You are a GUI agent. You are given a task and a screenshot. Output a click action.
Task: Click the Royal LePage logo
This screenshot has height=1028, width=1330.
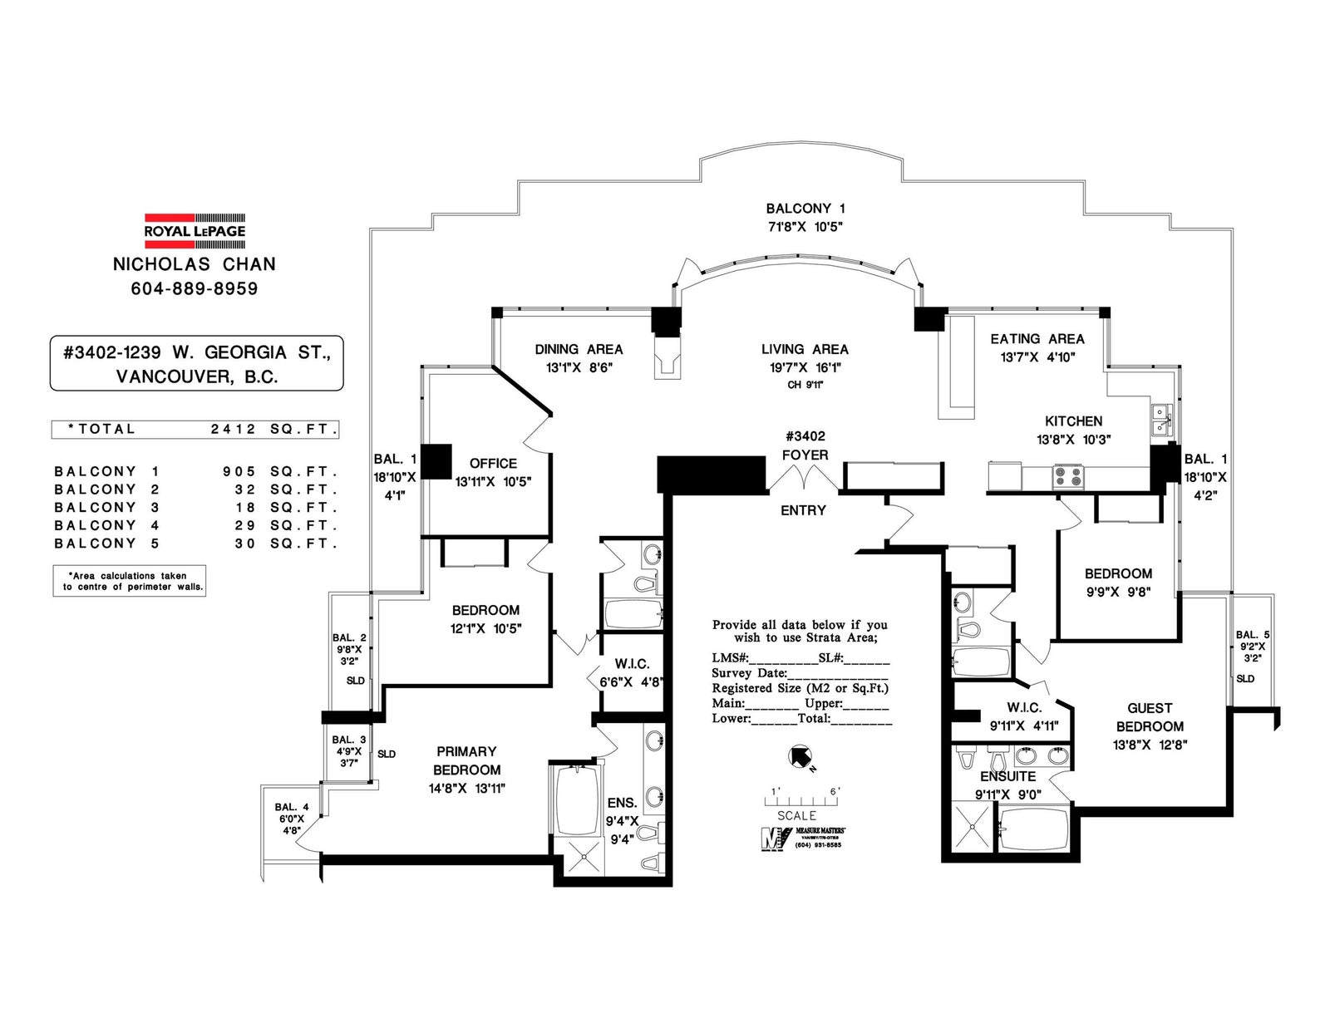[195, 231]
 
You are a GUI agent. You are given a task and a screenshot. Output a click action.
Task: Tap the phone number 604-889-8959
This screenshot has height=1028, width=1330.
[195, 288]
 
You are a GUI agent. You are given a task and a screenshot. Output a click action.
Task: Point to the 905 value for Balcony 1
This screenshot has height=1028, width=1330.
[239, 472]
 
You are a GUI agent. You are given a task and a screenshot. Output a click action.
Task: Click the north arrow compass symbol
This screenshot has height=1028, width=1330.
[800, 756]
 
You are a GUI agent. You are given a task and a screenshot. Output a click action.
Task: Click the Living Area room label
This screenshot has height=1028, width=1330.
[805, 349]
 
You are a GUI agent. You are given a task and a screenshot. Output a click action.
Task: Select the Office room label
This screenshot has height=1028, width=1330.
[493, 463]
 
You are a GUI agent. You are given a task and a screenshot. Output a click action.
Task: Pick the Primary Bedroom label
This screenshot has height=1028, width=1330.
[467, 760]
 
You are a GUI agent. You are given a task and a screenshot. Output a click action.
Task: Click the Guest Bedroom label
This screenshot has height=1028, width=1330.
[1150, 717]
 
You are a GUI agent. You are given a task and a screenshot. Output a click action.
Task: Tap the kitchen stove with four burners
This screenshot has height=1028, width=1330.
[1068, 477]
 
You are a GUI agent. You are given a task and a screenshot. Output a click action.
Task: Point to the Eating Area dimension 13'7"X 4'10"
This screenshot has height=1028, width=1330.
[1038, 357]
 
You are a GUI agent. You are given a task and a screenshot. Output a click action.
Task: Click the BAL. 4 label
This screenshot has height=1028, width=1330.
[292, 807]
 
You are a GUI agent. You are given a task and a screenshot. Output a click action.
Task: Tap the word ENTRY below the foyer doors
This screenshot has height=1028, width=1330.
[803, 510]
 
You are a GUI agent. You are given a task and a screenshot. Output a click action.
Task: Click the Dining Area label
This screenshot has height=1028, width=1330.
[579, 349]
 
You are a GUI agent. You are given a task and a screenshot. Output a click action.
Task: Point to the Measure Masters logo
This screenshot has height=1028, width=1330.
[803, 837]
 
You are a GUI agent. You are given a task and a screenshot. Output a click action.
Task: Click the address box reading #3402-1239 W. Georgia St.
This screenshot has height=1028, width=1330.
[196, 363]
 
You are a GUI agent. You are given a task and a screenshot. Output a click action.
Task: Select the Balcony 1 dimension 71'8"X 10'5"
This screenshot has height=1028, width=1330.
[805, 226]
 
